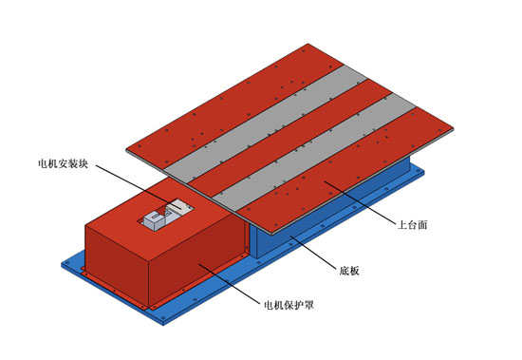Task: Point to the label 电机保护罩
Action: coord(289,306)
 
